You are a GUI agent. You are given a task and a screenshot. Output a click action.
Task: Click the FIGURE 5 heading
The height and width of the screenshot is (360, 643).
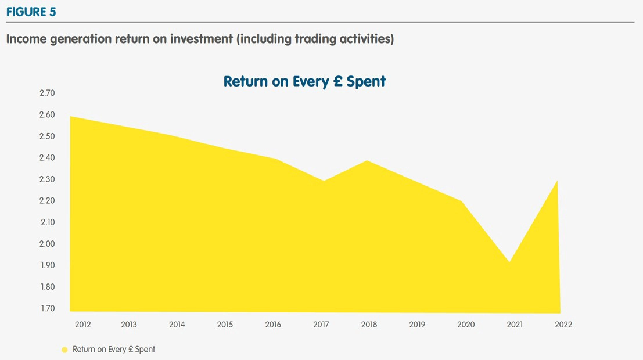[x=31, y=12]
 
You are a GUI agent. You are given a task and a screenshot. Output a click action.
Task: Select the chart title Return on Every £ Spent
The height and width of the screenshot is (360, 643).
[x=304, y=81]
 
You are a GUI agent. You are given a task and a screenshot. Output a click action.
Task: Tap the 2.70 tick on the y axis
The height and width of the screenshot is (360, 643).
[x=47, y=93]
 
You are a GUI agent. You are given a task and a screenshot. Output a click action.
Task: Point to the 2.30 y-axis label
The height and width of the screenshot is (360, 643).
[x=47, y=179]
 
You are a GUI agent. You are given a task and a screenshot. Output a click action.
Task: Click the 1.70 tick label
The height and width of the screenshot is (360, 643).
[x=47, y=308]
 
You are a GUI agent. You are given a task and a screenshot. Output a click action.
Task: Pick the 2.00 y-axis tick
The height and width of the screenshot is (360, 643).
[x=47, y=244]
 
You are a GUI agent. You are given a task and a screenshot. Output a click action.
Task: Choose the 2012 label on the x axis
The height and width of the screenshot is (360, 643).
[x=83, y=325]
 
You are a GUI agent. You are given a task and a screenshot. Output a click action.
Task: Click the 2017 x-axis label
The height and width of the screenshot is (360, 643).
[x=321, y=325]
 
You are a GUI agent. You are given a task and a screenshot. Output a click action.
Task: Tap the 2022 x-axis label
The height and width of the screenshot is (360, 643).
[x=563, y=325]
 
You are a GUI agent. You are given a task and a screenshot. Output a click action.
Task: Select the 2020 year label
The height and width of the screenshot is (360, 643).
[x=466, y=325]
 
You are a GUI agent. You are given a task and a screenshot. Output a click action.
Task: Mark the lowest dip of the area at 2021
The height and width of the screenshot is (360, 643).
[x=509, y=262]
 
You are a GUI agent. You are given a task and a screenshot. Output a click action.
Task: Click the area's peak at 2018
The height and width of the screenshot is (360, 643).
[x=367, y=161]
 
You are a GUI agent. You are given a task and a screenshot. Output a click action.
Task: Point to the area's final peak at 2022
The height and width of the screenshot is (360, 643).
[x=558, y=181]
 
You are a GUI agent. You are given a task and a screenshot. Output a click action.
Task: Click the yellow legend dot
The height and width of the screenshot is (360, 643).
[x=64, y=350]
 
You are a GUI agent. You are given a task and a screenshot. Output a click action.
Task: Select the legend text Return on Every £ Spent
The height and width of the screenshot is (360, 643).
[x=114, y=350]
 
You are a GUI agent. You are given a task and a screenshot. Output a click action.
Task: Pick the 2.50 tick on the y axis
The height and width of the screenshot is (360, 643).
[x=47, y=136]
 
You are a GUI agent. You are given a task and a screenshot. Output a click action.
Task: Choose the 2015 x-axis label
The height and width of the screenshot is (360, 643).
[x=225, y=325]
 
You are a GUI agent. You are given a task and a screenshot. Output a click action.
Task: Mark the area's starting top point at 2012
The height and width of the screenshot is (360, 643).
[x=70, y=117]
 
